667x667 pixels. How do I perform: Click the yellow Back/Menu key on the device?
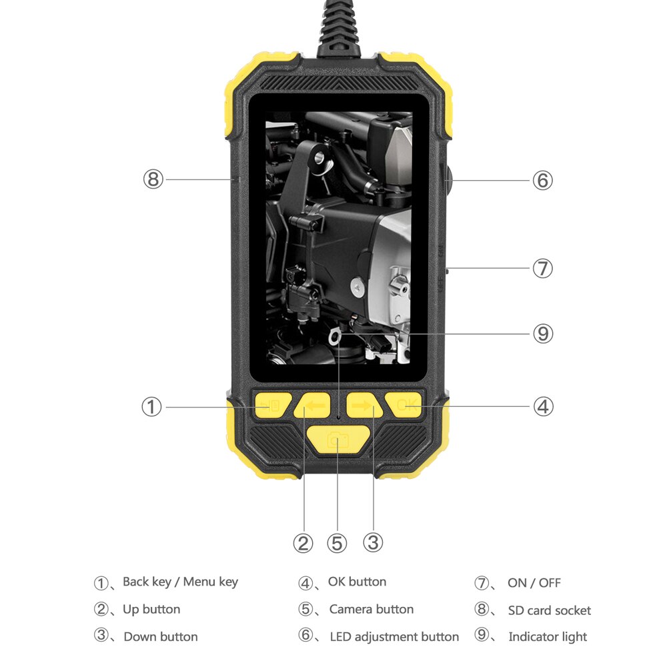click(x=272, y=405)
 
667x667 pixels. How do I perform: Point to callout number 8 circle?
click(x=153, y=179)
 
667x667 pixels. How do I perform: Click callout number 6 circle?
click(x=542, y=180)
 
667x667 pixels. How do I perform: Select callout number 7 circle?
click(x=542, y=269)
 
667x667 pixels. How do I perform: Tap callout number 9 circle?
click(x=542, y=333)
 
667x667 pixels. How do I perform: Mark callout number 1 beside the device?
click(x=152, y=406)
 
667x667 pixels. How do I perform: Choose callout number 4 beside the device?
click(x=543, y=406)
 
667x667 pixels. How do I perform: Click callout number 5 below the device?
click(x=338, y=543)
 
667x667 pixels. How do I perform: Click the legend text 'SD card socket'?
click(x=549, y=610)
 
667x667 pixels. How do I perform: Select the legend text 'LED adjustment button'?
click(x=394, y=637)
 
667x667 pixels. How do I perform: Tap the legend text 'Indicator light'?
click(x=548, y=637)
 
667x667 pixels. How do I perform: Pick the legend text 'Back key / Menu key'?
click(x=180, y=582)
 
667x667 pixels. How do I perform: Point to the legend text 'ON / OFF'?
click(x=534, y=583)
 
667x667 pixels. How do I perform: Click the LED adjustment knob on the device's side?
click(x=446, y=179)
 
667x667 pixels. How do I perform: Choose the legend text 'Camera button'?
click(x=371, y=610)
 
